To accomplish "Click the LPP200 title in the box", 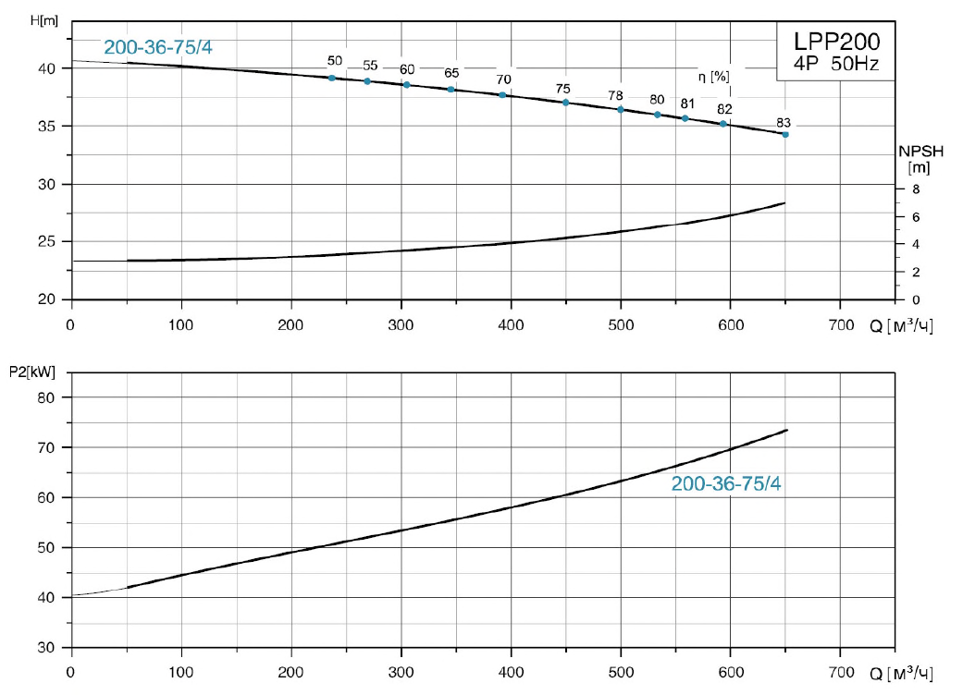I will tap(834, 42).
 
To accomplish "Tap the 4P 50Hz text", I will tap(834, 65).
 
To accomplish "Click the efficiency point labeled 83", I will tap(785, 135).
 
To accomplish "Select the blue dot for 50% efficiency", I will tap(332, 78).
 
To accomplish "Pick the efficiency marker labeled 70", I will tap(502, 95).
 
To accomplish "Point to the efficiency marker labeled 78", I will tap(621, 110).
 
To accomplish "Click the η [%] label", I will tap(713, 77).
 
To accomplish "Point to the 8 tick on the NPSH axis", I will tap(916, 189).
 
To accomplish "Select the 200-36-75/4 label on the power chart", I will tap(726, 483).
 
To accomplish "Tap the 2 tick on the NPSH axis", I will tap(916, 273).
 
